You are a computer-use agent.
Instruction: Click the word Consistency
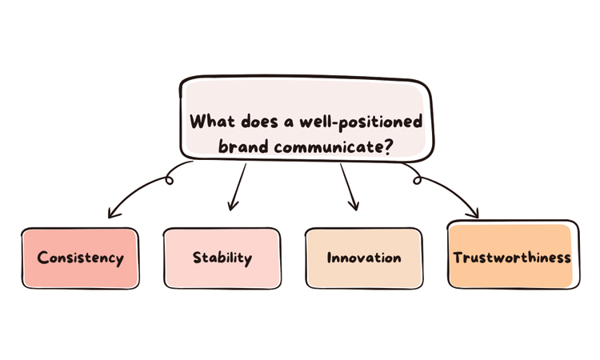click(x=80, y=258)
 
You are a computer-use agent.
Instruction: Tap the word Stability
click(x=222, y=258)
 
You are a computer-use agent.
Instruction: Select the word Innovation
click(x=364, y=258)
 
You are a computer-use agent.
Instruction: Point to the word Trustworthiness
click(x=512, y=258)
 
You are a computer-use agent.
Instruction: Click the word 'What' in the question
click(x=212, y=122)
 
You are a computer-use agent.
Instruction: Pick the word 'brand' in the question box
click(x=243, y=146)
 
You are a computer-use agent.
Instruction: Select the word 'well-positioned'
click(x=361, y=122)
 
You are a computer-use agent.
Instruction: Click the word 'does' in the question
click(x=260, y=122)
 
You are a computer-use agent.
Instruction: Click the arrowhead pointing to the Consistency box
click(x=113, y=213)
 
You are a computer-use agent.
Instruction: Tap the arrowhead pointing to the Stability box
click(x=232, y=206)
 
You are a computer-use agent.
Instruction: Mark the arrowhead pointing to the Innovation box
click(x=354, y=205)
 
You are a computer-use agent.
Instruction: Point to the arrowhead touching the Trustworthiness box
click(x=474, y=212)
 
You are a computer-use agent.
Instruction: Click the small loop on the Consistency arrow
click(x=169, y=179)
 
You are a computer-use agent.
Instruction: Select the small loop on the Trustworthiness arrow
click(x=417, y=179)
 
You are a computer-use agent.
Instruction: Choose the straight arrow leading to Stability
click(x=238, y=187)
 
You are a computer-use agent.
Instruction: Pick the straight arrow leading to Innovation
click(x=349, y=187)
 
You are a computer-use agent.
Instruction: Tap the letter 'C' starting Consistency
click(x=42, y=258)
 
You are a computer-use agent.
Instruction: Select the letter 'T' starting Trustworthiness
click(x=459, y=258)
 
